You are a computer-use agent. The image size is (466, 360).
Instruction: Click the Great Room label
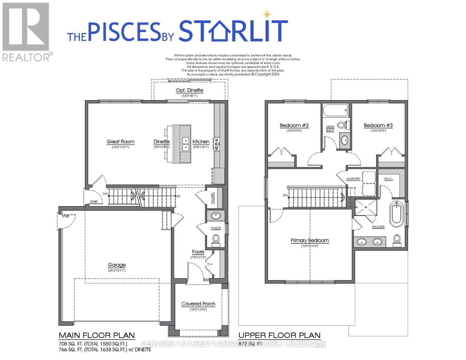pyautogui.click(x=120, y=142)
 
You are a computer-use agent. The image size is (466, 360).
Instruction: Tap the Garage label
pyautogui.click(x=117, y=265)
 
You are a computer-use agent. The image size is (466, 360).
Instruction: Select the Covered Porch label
pyautogui.click(x=198, y=304)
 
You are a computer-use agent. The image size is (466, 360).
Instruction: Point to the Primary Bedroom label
pyautogui.click(x=310, y=240)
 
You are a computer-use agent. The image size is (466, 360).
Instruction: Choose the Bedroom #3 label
pyautogui.click(x=378, y=125)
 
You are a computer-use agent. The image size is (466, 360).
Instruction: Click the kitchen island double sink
pyautogui.click(x=186, y=144)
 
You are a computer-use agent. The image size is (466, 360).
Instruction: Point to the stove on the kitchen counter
pyautogui.click(x=217, y=144)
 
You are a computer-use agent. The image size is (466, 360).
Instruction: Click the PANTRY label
pyautogui.click(x=213, y=198)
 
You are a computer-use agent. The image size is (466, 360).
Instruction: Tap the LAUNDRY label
pyautogui.click(x=353, y=179)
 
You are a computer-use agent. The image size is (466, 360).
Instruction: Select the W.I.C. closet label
pyautogui.click(x=388, y=179)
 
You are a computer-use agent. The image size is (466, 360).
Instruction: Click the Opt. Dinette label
pyautogui.click(x=189, y=90)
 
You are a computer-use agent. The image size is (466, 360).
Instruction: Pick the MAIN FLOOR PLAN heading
pyautogui.click(x=97, y=335)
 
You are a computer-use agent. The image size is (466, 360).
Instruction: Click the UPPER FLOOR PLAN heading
pyautogui.click(x=279, y=335)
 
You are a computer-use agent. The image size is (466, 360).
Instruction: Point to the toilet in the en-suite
pyautogui.click(x=397, y=239)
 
